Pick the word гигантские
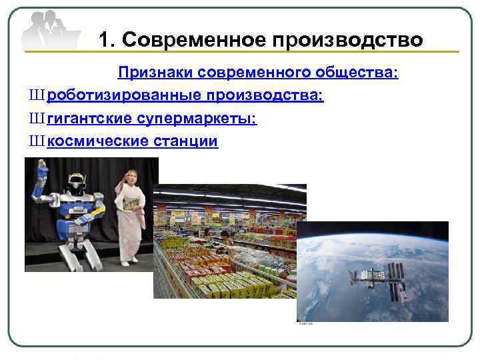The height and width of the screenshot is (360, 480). [x=89, y=119]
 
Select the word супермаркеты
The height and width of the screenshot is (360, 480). [x=197, y=119]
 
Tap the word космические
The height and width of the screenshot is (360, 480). [x=97, y=141]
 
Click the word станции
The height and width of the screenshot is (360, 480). [x=186, y=141]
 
